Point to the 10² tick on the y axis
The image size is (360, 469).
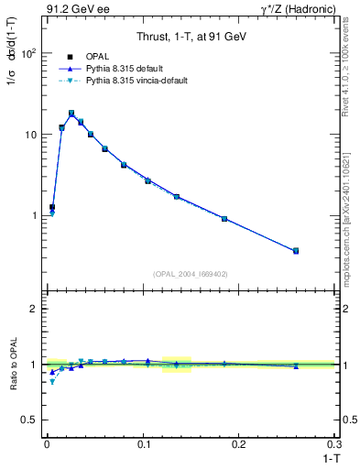(x=27, y=53)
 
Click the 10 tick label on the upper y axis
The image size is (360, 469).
(x=28, y=135)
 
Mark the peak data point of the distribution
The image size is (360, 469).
(x=71, y=114)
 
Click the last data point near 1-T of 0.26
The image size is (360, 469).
(x=296, y=250)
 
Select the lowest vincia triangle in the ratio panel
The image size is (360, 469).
(x=52, y=382)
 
